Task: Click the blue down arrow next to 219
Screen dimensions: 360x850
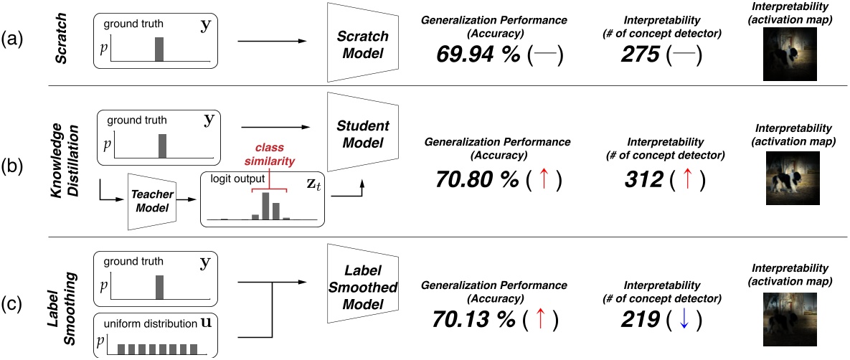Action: coord(684,318)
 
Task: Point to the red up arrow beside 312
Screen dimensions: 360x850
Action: coord(687,179)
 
